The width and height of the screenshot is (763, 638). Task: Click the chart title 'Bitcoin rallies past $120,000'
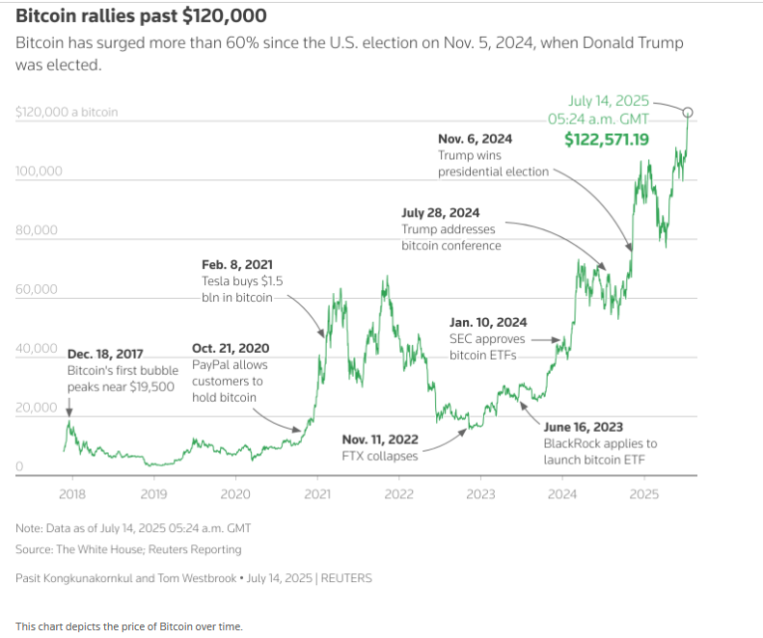142,16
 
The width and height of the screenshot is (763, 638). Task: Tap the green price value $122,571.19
606,140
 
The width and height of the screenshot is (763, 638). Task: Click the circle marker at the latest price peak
688,113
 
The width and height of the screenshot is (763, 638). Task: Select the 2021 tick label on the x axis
317,494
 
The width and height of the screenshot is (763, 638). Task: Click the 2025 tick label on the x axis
643,494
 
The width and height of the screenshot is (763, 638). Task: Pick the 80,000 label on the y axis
39,230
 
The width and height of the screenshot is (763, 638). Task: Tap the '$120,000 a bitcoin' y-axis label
67,112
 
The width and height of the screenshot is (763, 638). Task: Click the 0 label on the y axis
19,467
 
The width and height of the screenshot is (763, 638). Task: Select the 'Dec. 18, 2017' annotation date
106,354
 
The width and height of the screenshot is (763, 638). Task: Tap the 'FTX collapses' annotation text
380,456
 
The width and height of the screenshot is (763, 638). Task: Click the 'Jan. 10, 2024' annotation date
488,323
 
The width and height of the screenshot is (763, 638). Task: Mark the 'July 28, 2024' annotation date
440,213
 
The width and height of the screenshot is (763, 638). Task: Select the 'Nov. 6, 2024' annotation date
475,139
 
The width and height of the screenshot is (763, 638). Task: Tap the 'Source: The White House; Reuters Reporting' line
128,549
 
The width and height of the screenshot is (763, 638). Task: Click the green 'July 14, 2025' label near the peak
609,100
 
